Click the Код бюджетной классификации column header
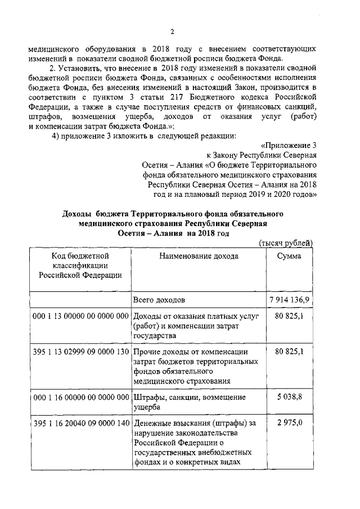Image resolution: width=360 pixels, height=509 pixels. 80,265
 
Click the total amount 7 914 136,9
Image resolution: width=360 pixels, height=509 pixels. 289,299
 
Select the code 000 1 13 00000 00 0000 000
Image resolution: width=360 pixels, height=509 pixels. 81,317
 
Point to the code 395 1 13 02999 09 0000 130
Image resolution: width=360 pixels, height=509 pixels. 81,352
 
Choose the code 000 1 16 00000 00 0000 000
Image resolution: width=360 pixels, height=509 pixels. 81,397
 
